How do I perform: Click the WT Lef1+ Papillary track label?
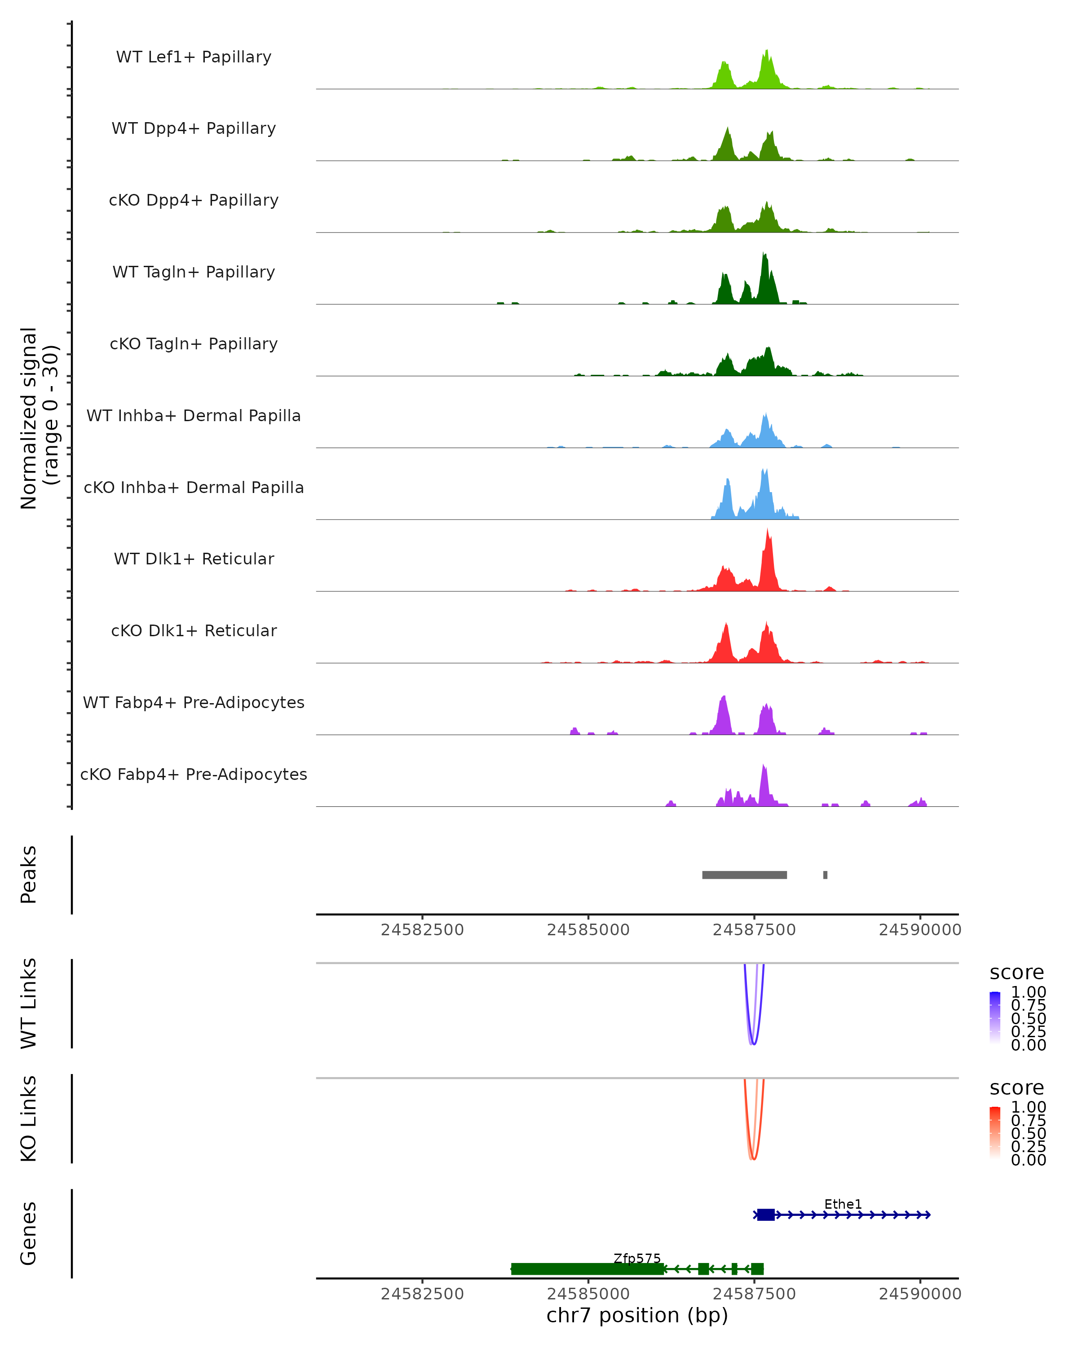(x=194, y=57)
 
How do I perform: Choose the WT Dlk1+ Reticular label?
(x=194, y=559)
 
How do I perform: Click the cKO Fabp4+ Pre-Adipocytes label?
(x=194, y=774)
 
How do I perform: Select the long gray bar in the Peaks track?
(x=744, y=875)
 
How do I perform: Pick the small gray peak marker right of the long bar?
(x=826, y=875)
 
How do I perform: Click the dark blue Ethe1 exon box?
(x=765, y=1215)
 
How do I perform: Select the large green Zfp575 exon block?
(x=588, y=1269)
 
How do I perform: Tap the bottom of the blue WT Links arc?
(x=754, y=1043)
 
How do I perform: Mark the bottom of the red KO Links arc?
(x=754, y=1159)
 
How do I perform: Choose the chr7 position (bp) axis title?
(x=637, y=1315)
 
